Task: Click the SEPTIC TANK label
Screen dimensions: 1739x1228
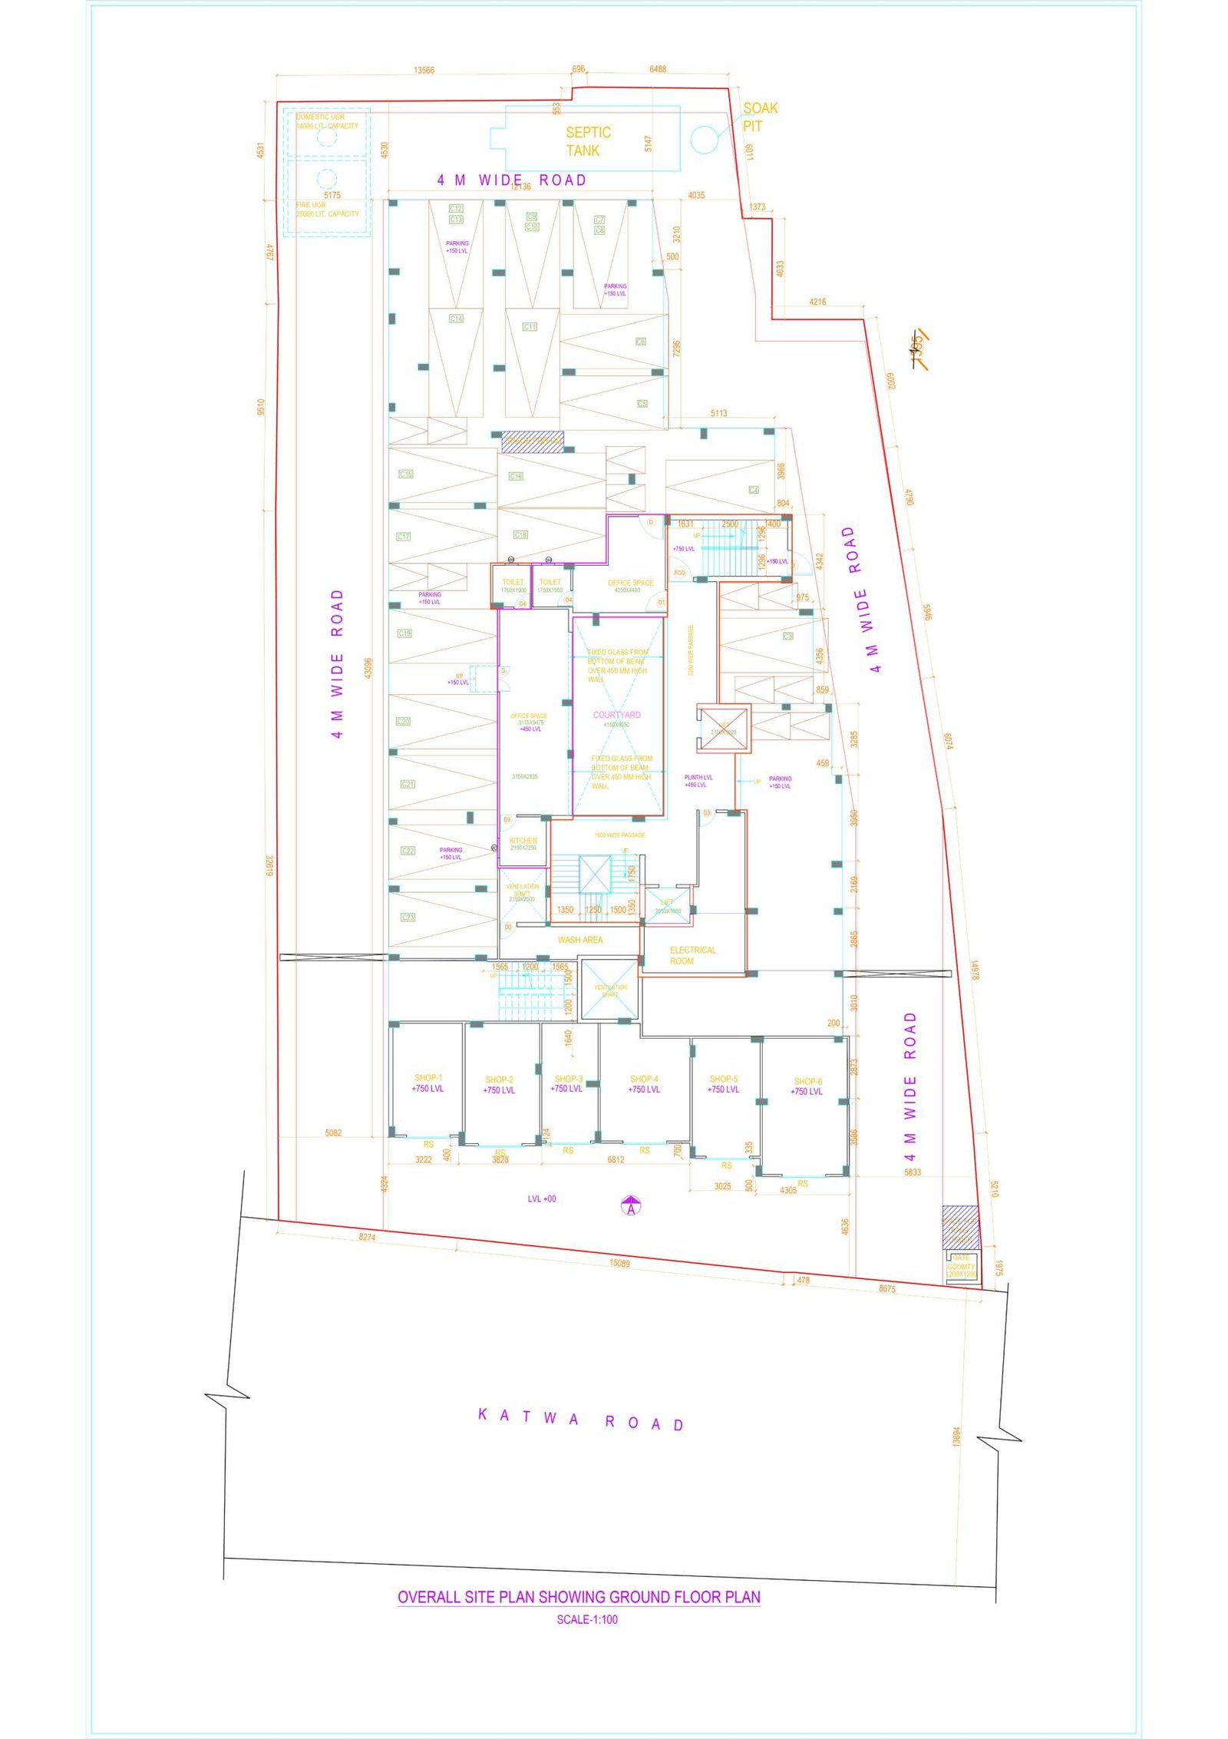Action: click(x=588, y=141)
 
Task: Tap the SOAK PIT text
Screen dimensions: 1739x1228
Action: click(x=759, y=117)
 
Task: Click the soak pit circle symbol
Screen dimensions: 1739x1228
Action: click(x=704, y=139)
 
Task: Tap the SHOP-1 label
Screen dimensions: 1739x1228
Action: click(x=428, y=1083)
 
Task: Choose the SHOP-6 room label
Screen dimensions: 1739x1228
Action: click(x=807, y=1086)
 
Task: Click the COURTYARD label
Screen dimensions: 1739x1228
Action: click(x=616, y=715)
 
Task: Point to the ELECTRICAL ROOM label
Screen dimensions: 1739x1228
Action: click(x=692, y=955)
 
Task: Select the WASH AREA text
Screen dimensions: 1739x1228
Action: click(x=580, y=940)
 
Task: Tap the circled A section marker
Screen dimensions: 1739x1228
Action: click(x=631, y=1207)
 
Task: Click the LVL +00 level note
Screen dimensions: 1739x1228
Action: click(x=542, y=1198)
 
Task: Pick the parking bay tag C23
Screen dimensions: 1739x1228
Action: click(x=408, y=917)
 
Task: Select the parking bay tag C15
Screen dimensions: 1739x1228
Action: click(x=405, y=474)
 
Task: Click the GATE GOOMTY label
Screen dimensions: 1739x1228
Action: click(x=961, y=1262)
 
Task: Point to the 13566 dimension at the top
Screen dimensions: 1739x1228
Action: click(x=424, y=71)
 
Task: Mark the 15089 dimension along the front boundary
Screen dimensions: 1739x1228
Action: click(x=619, y=1263)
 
